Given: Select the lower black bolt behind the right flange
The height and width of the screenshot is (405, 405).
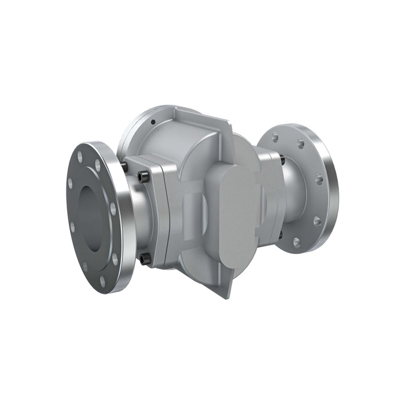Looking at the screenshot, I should tap(281, 234).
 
